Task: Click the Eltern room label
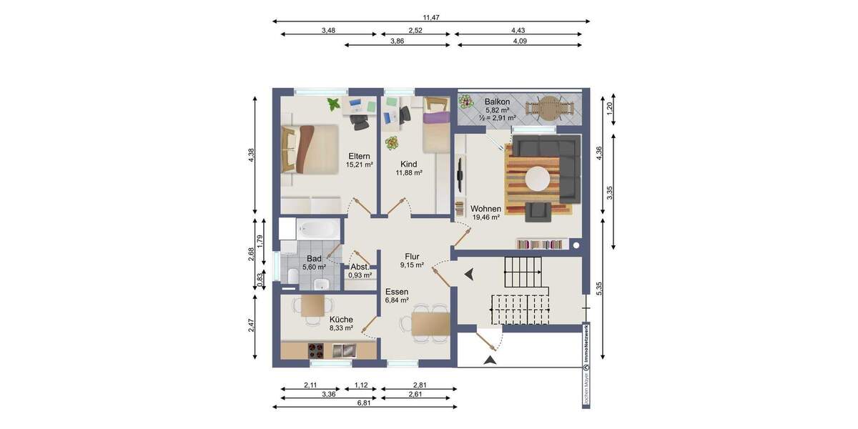(x=359, y=156)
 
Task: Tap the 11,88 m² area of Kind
(x=409, y=172)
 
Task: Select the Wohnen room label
(x=485, y=209)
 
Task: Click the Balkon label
(x=496, y=102)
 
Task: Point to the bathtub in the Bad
(x=318, y=229)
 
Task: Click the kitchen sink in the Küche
(x=345, y=350)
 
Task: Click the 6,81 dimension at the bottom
(x=365, y=403)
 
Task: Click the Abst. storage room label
(x=360, y=267)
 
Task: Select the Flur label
(x=412, y=256)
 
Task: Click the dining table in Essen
(x=430, y=326)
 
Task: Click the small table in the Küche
(x=312, y=306)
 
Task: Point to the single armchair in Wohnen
(x=538, y=211)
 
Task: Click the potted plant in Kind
(x=392, y=143)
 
